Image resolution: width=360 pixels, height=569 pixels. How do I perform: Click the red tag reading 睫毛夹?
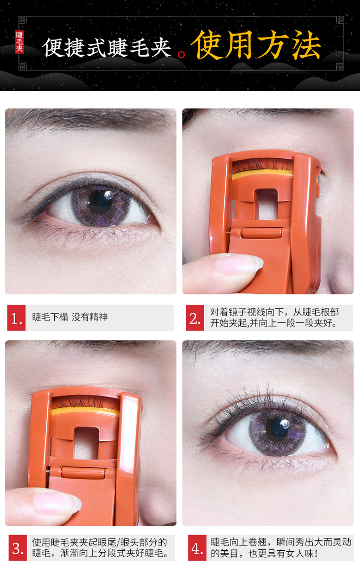click(x=20, y=42)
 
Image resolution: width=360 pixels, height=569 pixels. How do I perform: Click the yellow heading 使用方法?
click(x=256, y=45)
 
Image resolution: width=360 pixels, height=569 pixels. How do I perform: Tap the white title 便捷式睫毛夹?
click(x=107, y=47)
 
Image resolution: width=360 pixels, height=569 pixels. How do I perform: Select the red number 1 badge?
click(x=16, y=318)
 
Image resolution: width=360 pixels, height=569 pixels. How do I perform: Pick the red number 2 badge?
click(x=195, y=318)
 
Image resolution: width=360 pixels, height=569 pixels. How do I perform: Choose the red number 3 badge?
click(x=17, y=548)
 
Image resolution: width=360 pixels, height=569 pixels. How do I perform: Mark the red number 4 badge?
click(x=197, y=548)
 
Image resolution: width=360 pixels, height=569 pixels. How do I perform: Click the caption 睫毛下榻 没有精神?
click(x=70, y=317)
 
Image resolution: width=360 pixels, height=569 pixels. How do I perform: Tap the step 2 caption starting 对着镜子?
click(x=274, y=318)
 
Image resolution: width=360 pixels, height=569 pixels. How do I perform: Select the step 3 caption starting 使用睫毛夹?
click(x=100, y=548)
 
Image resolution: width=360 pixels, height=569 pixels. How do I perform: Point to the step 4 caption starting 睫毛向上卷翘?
click(x=281, y=548)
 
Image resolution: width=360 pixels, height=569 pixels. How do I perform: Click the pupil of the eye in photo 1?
click(x=101, y=199)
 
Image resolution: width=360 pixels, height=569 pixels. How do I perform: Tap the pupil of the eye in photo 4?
click(x=279, y=427)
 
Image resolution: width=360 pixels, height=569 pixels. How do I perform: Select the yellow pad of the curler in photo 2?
click(x=262, y=175)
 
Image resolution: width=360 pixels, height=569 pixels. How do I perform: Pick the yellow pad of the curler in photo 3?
click(x=85, y=412)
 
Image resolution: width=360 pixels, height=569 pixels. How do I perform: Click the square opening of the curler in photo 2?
click(x=266, y=204)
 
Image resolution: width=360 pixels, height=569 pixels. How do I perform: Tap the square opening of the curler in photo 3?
click(x=86, y=443)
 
